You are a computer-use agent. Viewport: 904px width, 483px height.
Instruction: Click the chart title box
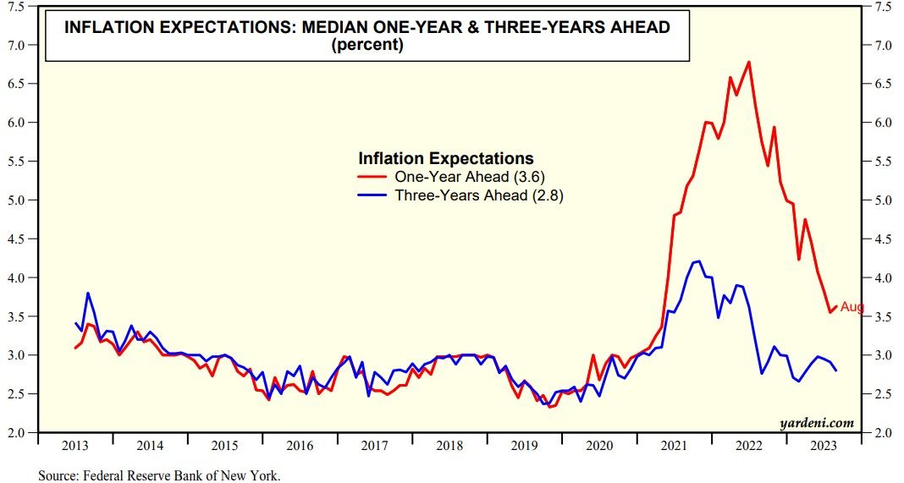pyautogui.click(x=367, y=36)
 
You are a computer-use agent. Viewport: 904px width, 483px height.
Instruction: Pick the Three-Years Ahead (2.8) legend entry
pyautogui.click(x=461, y=195)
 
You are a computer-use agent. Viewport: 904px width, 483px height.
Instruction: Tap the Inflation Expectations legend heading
pyautogui.click(x=446, y=158)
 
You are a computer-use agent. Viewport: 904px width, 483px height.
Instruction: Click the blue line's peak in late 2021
pyautogui.click(x=697, y=261)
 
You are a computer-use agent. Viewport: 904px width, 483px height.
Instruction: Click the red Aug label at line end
pyautogui.click(x=852, y=307)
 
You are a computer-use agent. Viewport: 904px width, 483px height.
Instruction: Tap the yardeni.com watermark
pyautogui.click(x=817, y=423)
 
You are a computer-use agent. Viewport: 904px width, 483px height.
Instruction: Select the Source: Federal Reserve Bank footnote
pyautogui.click(x=159, y=475)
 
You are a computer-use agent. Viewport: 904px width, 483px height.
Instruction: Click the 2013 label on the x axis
pyautogui.click(x=74, y=446)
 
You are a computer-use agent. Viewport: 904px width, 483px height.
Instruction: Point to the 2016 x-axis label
pyautogui.click(x=300, y=446)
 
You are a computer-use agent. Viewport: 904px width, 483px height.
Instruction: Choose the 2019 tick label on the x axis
pyautogui.click(x=524, y=446)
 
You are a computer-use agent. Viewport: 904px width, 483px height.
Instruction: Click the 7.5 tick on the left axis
pyautogui.click(x=16, y=6)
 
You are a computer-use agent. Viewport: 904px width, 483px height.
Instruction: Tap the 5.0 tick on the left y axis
pyautogui.click(x=16, y=200)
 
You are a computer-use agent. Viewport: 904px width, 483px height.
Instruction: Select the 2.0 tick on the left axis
pyautogui.click(x=16, y=432)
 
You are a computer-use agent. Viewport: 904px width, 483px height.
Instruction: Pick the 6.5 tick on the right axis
pyautogui.click(x=884, y=84)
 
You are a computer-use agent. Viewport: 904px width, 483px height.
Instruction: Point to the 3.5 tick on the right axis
pyautogui.click(x=884, y=316)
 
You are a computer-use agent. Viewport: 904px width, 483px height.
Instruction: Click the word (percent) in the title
pyautogui.click(x=367, y=45)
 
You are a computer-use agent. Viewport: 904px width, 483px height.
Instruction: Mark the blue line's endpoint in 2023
pyautogui.click(x=836, y=370)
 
